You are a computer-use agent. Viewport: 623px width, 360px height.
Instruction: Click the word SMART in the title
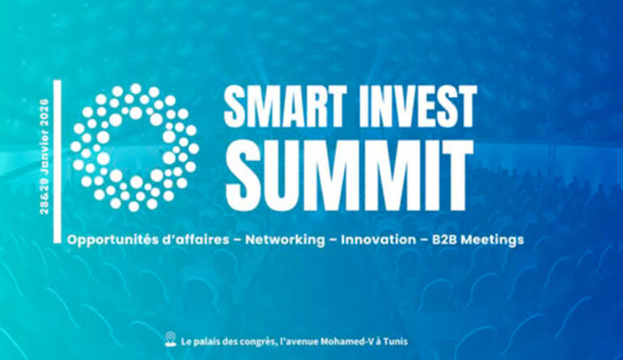click(285, 107)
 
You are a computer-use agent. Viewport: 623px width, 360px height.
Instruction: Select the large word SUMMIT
click(349, 176)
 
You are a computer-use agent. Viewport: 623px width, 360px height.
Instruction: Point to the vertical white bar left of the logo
click(57, 161)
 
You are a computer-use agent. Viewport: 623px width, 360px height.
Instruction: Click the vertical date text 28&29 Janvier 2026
click(44, 156)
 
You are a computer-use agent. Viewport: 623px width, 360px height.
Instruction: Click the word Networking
click(285, 240)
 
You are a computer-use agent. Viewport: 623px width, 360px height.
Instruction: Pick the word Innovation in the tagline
click(379, 239)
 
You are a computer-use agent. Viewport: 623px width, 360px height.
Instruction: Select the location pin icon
click(171, 339)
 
